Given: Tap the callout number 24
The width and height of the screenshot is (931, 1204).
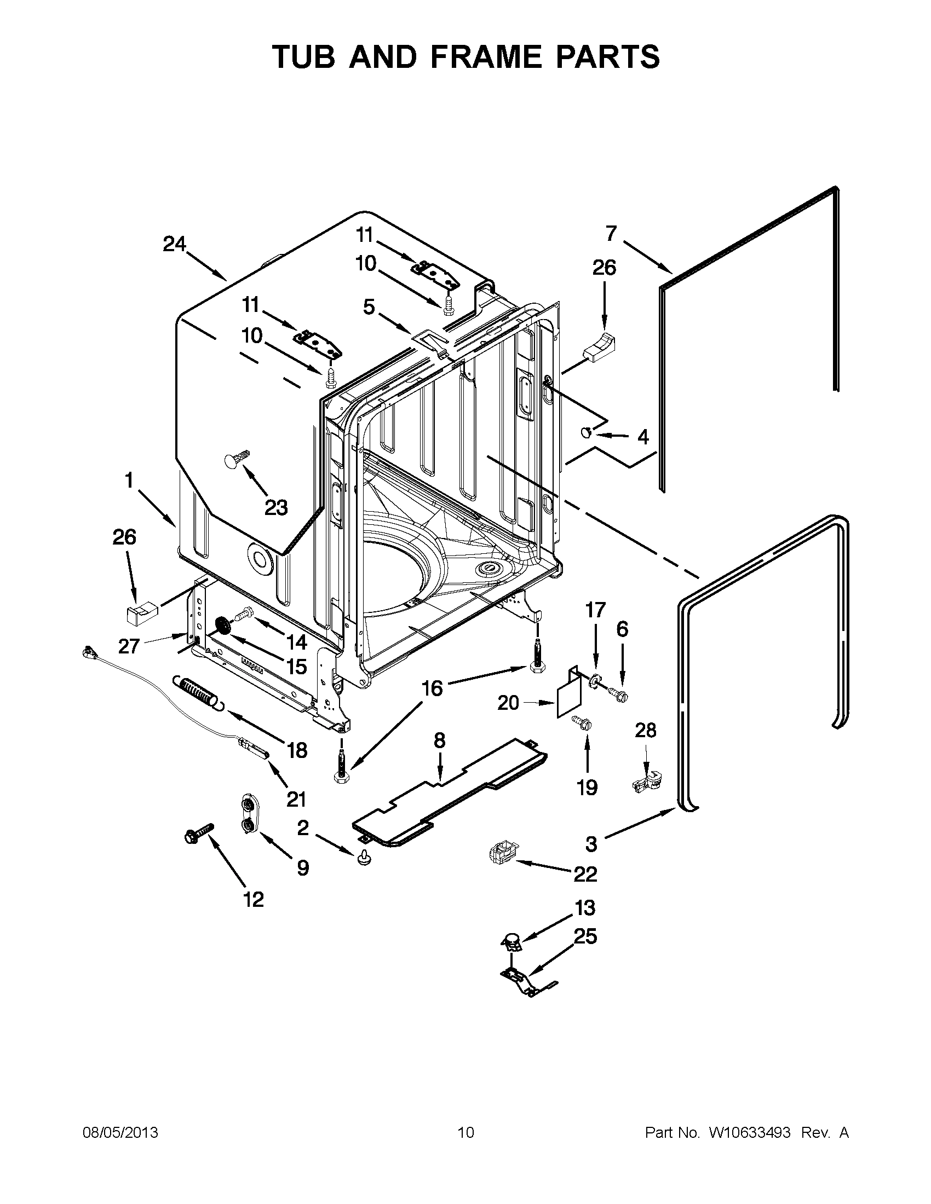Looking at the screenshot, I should tap(174, 244).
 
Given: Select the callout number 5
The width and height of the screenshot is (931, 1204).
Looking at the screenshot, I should tap(369, 307).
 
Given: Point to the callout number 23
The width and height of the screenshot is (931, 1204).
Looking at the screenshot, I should tap(276, 507).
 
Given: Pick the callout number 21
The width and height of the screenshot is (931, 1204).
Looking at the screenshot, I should tap(296, 798).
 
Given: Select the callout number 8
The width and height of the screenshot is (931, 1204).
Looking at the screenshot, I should tap(439, 740).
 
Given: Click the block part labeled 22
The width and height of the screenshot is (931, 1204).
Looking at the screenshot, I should tap(501, 854).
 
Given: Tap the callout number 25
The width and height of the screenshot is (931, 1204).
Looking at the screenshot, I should tap(585, 936).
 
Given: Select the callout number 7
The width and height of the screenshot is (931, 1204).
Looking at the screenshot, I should tap(611, 234).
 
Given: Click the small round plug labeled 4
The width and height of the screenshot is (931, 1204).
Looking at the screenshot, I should tap(587, 432).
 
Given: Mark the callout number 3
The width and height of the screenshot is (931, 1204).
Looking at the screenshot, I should tap(591, 844).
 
